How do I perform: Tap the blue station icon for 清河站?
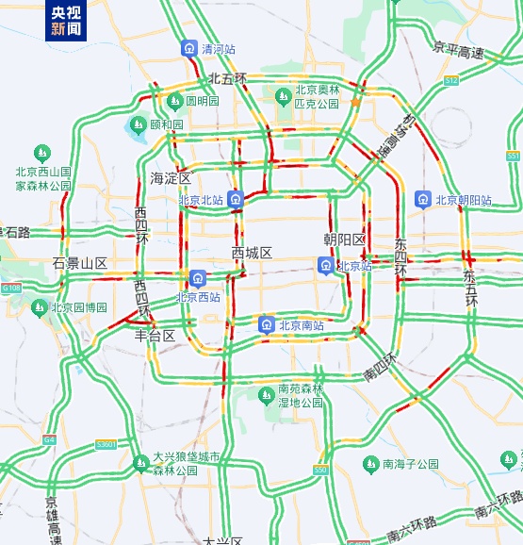[189, 48]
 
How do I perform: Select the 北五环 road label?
[227, 78]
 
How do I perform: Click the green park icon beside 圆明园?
[174, 101]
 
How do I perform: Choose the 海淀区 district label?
[170, 178]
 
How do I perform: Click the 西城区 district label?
[252, 253]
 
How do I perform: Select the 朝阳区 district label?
[344, 239]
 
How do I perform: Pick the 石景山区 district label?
[80, 263]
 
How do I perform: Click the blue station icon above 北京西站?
[198, 278]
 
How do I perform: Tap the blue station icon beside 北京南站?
[267, 325]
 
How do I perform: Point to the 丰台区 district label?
[155, 335]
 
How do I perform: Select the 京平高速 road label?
[459, 49]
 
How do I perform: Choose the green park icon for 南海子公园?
[371, 464]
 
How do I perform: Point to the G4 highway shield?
[49, 438]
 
